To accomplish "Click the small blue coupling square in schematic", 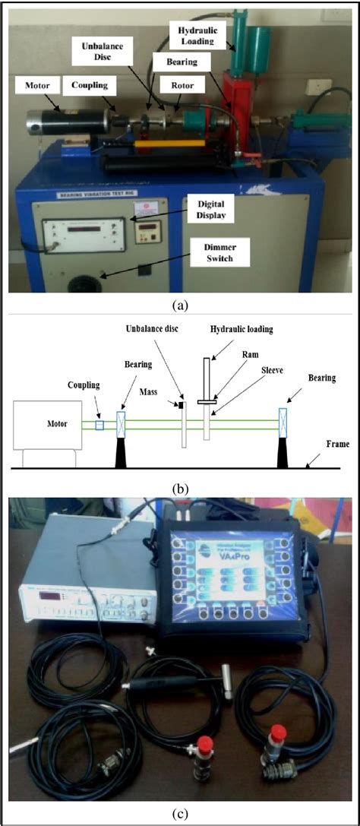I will tap(99, 426).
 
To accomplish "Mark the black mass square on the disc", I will tap(182, 404).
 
